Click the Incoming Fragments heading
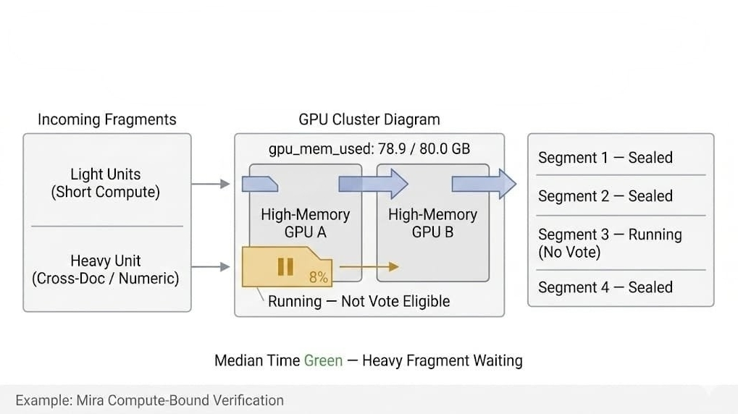coord(106,119)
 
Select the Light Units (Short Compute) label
coord(106,183)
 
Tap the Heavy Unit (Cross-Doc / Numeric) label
coord(106,269)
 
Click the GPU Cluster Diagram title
coord(369,119)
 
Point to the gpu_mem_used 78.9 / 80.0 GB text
coord(369,149)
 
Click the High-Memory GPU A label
coord(305,223)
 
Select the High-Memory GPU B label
coord(432,223)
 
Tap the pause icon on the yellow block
coord(285,266)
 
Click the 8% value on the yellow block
coord(319,277)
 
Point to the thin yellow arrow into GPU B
coord(369,267)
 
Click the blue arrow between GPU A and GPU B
coord(374,184)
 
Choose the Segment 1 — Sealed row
coord(605,158)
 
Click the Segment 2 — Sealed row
coord(605,196)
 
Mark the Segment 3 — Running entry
coord(609,243)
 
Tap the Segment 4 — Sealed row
coord(605,287)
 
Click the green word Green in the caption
coord(323,360)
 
